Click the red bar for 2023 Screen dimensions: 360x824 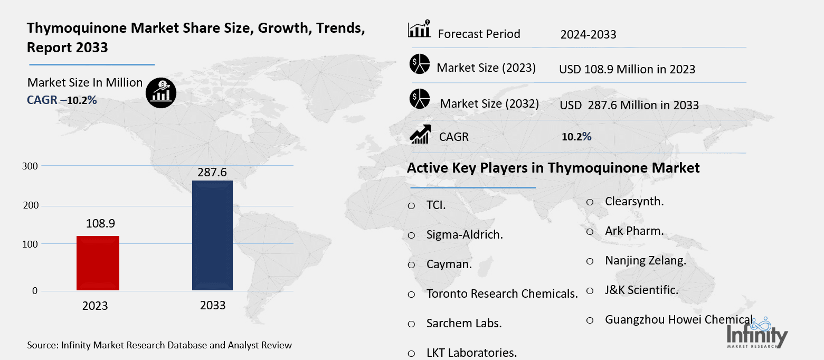click(98, 263)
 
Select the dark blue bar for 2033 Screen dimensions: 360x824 click(212, 235)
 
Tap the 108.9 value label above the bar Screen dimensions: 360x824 click(100, 224)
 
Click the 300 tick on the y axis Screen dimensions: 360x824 click(30, 166)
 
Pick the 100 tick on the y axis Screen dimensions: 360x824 click(30, 244)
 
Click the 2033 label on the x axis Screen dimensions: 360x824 click(213, 306)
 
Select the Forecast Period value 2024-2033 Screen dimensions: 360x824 click(588, 35)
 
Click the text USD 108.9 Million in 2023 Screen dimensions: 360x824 click(627, 69)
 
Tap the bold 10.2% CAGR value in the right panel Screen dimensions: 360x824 click(576, 137)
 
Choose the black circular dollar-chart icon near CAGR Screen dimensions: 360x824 click(161, 93)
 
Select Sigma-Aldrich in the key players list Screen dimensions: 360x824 click(465, 235)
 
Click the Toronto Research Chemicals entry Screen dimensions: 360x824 click(501, 293)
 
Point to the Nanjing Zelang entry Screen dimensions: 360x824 click(645, 261)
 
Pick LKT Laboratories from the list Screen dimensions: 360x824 click(471, 353)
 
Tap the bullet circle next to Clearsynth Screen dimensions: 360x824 click(590, 202)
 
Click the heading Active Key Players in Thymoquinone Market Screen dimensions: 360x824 click(553, 168)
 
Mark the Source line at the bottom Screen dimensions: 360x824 click(159, 345)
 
